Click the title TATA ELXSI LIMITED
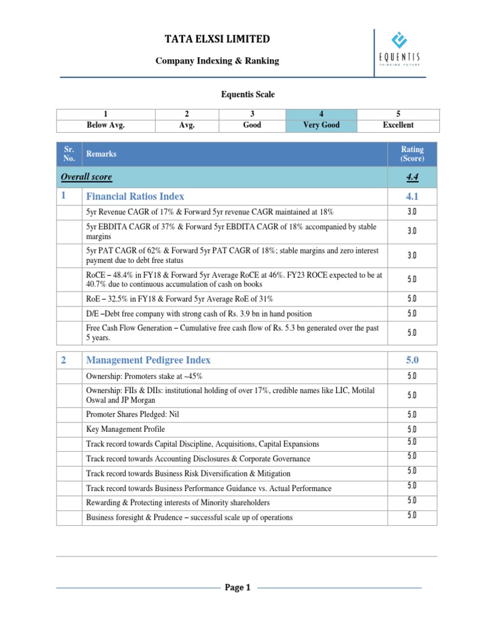[217, 39]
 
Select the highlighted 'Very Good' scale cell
[321, 120]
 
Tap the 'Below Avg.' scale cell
[106, 120]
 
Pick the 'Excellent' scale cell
[398, 120]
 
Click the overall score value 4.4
[412, 177]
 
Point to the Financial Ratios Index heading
[135, 197]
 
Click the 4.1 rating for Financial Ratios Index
[412, 197]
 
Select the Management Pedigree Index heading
[148, 360]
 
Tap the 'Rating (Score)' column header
[412, 154]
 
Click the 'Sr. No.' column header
[68, 154]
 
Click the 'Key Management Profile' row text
[126, 429]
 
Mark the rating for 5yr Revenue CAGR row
[412, 212]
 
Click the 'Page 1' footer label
[238, 588]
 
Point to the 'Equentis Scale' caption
[239, 95]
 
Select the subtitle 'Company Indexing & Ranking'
[217, 61]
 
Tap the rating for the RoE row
[412, 298]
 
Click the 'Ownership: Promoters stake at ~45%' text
[144, 376]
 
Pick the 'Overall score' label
[87, 177]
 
